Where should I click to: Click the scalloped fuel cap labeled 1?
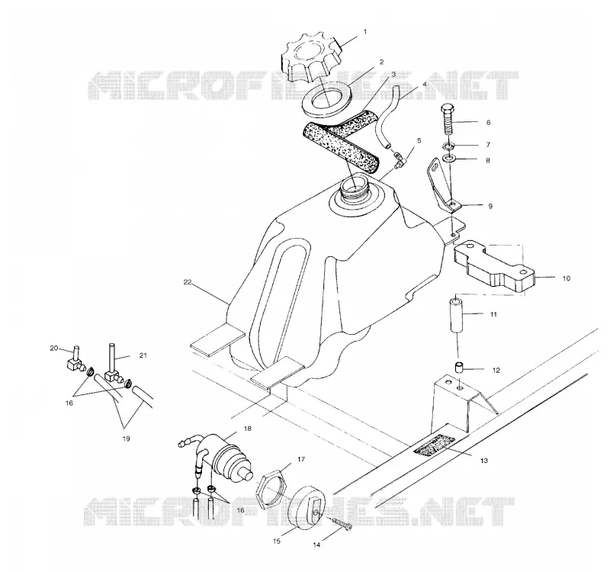click(311, 59)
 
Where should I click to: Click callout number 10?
click(566, 278)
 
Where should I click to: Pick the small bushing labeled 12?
click(461, 368)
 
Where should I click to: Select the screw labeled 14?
click(342, 524)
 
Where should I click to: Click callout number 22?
click(188, 282)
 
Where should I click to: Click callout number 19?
click(126, 439)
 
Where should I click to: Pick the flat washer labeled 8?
click(449, 159)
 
